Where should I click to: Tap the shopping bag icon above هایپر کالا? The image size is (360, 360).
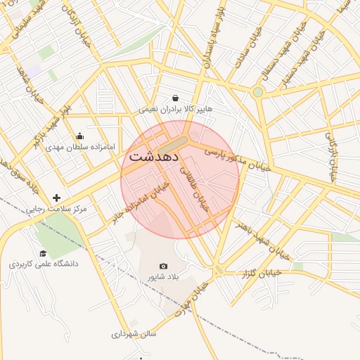[x=175, y=98]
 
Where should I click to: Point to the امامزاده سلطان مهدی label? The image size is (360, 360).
[x=75, y=148]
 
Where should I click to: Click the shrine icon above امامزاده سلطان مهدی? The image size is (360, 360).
[x=79, y=136]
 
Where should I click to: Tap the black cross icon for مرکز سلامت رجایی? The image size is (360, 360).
[x=56, y=198]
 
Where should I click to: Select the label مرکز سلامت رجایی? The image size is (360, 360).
[x=56, y=210]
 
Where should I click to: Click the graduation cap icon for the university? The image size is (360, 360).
[x=43, y=253]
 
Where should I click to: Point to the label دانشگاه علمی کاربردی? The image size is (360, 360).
[x=44, y=264]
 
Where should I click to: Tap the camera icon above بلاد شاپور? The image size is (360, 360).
[x=164, y=266]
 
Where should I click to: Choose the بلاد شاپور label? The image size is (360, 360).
[x=163, y=277]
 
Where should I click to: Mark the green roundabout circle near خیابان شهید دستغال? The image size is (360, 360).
[x=258, y=92]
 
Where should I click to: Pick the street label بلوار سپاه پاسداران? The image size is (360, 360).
[x=214, y=35]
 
